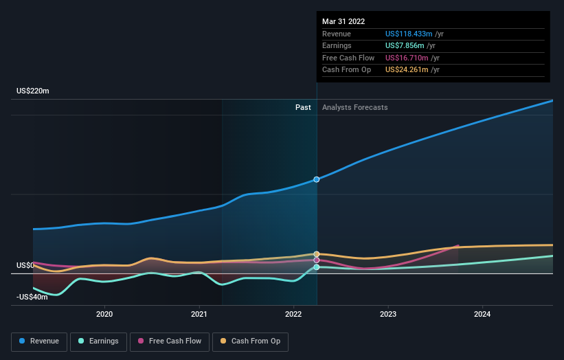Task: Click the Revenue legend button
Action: [x=39, y=341]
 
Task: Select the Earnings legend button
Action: [x=98, y=341]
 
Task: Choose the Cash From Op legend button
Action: [x=250, y=341]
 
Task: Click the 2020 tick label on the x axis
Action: [x=104, y=314]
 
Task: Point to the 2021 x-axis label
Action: [x=199, y=314]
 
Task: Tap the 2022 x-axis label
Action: [x=293, y=314]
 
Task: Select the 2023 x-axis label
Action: [x=388, y=314]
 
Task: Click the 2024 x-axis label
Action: [x=482, y=314]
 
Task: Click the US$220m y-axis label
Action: [x=33, y=91]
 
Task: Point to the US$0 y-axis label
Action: [x=25, y=265]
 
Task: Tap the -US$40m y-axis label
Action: [x=32, y=297]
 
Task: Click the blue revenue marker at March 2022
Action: [x=317, y=179]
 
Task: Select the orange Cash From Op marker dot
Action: [x=317, y=254]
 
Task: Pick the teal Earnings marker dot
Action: [x=317, y=267]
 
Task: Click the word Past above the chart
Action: [x=303, y=107]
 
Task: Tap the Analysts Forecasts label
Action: [x=354, y=107]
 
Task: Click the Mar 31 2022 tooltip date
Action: [x=343, y=21]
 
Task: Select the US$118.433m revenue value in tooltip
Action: [x=409, y=34]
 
